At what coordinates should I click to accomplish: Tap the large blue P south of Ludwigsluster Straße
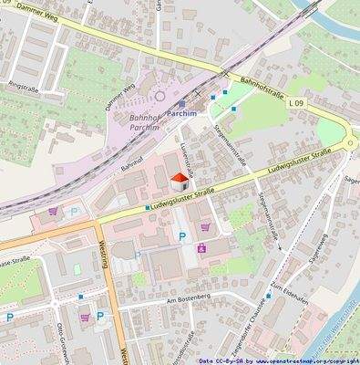181,237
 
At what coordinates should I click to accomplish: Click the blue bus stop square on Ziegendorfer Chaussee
268,296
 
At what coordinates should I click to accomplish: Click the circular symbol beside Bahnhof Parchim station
160,95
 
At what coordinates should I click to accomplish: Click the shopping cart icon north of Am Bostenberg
201,247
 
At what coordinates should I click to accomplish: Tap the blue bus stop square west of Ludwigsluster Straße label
147,207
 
